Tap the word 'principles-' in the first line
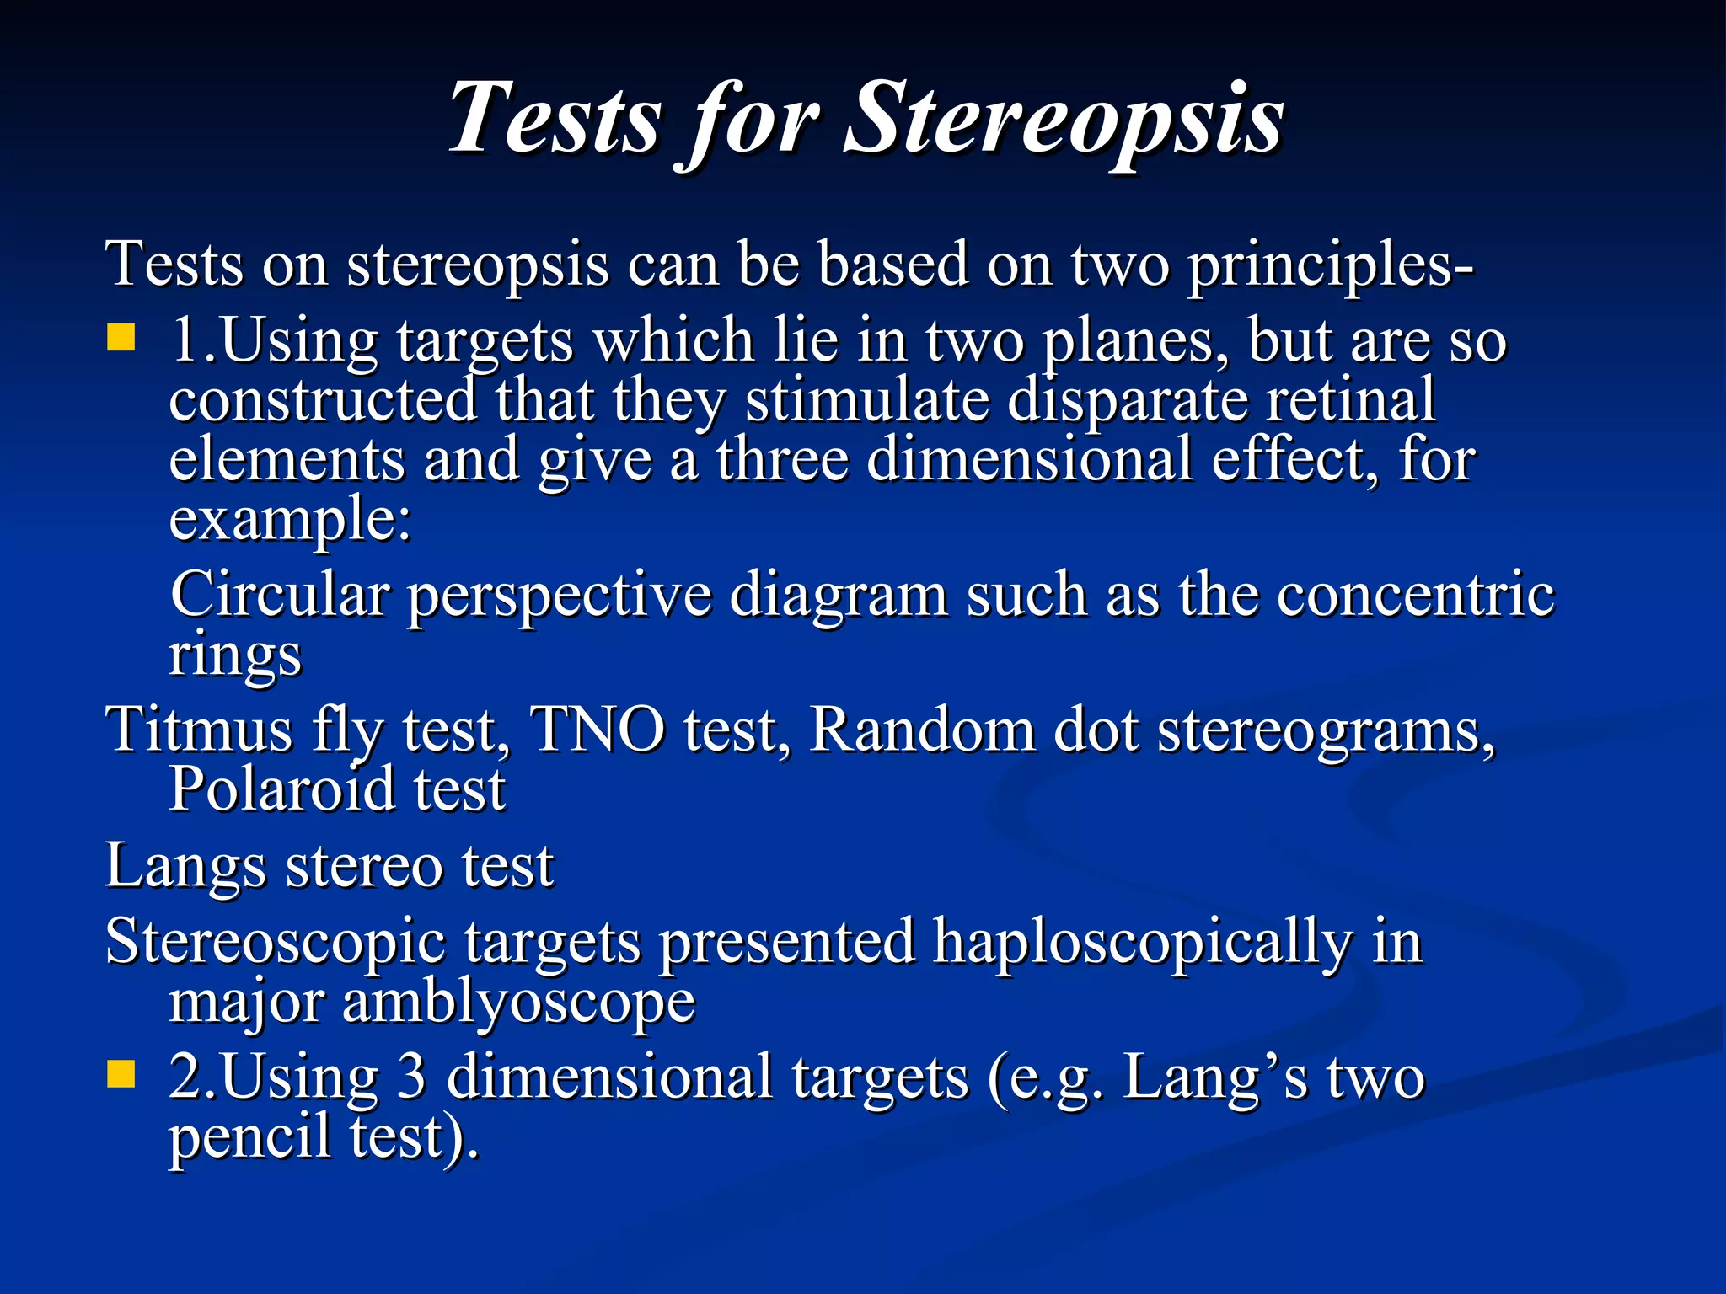[x=1330, y=265]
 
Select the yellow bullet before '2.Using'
[x=121, y=1074]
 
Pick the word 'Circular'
[x=280, y=595]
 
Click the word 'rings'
[x=234, y=655]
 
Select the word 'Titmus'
[x=199, y=730]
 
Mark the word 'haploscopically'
[x=1142, y=943]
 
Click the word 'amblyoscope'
[x=518, y=1003]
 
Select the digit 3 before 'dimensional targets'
[x=410, y=1077]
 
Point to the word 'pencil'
[x=249, y=1137]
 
